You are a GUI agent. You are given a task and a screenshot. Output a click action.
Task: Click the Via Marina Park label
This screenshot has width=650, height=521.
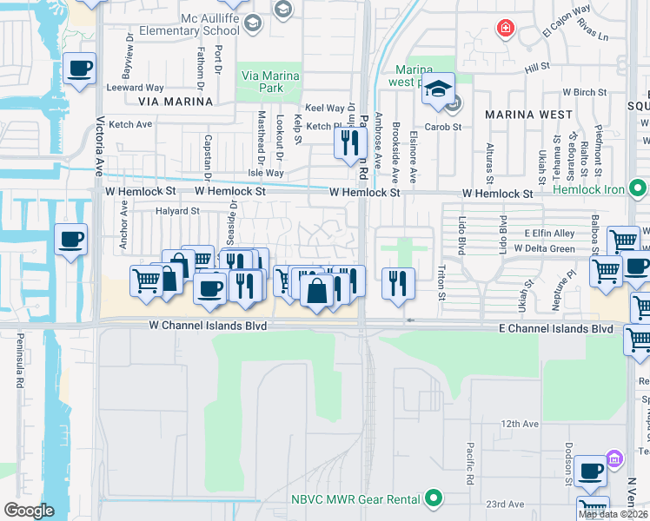point(269,82)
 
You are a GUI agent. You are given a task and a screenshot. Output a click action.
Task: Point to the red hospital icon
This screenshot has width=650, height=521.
point(504,29)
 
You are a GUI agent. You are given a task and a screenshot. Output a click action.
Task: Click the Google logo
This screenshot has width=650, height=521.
point(29,510)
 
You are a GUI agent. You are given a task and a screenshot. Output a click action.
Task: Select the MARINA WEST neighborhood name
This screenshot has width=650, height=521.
point(528,115)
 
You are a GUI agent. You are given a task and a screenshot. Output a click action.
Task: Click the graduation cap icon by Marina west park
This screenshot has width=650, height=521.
point(440,90)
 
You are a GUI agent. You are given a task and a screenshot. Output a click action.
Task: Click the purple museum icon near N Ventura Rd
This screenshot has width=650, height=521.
point(614,458)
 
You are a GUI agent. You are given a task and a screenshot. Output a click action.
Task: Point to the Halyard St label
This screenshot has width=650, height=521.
point(177,211)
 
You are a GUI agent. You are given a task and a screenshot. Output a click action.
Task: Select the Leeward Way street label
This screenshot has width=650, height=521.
point(135,88)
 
